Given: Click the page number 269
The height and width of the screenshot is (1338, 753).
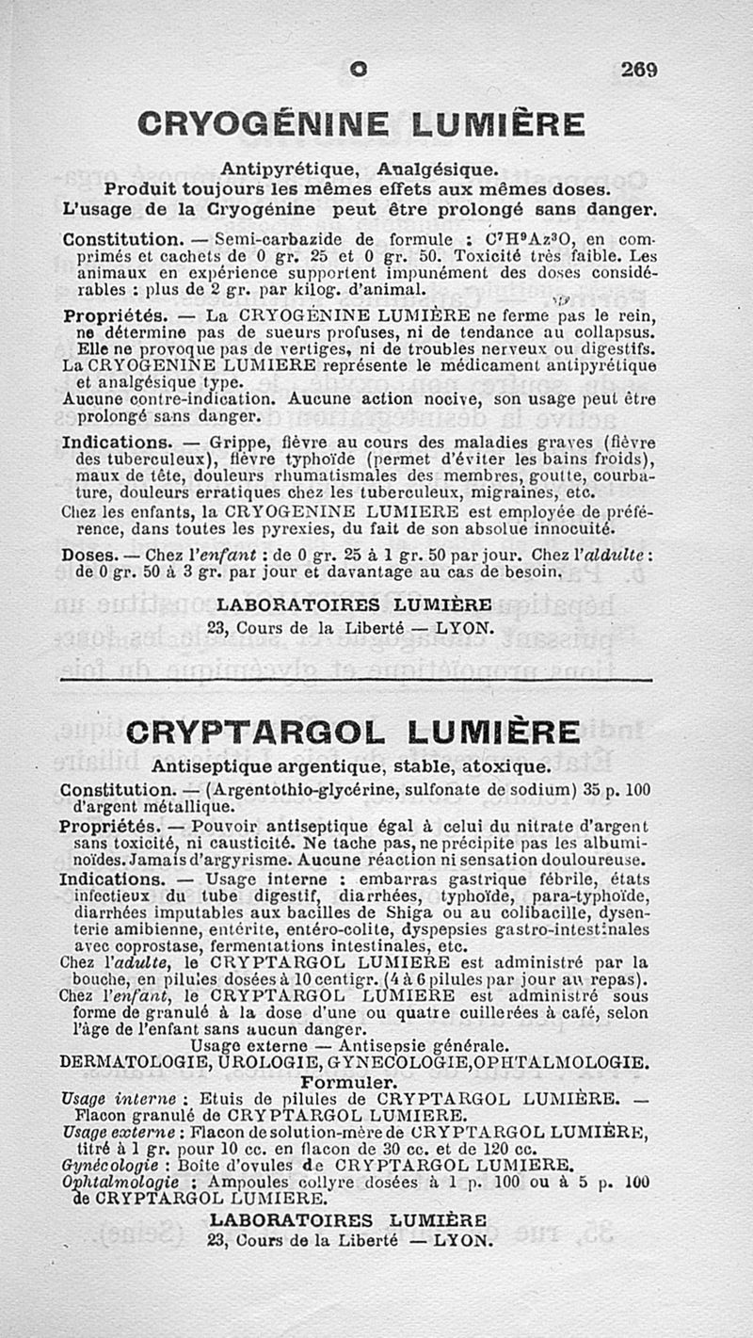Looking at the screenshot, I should coord(638,69).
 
